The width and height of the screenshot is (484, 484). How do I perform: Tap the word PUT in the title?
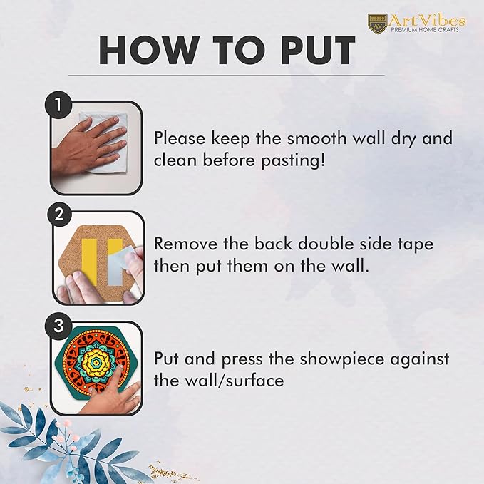(318, 51)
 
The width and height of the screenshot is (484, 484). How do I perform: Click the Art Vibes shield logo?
(377, 23)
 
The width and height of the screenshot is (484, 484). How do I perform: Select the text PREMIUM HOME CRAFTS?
(425, 30)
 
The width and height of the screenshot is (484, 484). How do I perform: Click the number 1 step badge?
(58, 105)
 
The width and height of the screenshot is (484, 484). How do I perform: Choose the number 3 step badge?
(58, 325)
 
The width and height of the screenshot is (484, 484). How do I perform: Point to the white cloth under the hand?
(105, 139)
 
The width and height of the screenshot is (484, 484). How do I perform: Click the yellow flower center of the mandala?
(97, 362)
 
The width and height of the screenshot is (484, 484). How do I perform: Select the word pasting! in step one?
(294, 161)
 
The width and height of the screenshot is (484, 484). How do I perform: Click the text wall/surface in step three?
(235, 380)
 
